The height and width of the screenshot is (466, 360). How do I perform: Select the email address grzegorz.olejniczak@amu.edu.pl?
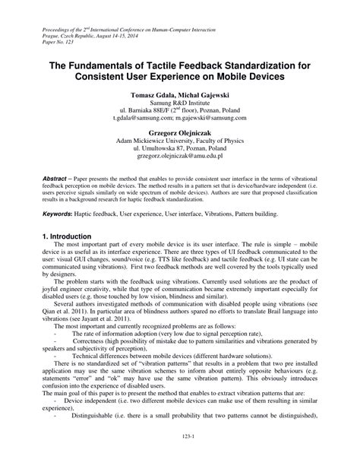coord(180,161)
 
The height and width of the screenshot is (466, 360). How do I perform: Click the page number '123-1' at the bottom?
coord(180,457)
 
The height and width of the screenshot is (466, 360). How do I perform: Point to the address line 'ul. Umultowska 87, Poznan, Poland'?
coord(180,151)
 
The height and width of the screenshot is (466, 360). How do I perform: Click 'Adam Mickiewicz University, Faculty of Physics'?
coord(180,141)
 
